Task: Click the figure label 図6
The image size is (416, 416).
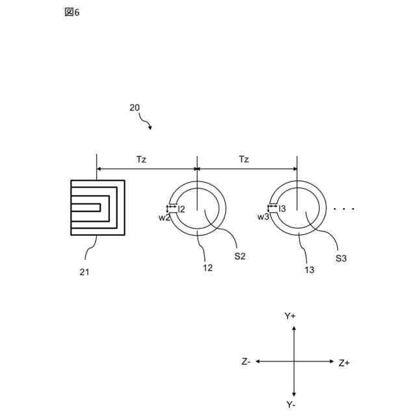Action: pyautogui.click(x=71, y=12)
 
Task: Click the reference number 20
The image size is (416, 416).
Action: pyautogui.click(x=134, y=108)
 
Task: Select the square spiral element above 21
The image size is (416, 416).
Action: pyautogui.click(x=97, y=207)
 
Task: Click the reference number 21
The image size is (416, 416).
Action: pyautogui.click(x=84, y=272)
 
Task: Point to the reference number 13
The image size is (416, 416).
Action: pyautogui.click(x=309, y=269)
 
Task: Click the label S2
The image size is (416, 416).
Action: pyautogui.click(x=239, y=256)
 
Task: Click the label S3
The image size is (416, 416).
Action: pyautogui.click(x=341, y=259)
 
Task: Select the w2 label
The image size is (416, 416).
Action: pyautogui.click(x=164, y=218)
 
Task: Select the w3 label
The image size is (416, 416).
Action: pyautogui.click(x=263, y=217)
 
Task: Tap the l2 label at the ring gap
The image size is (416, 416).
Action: pyautogui.click(x=183, y=209)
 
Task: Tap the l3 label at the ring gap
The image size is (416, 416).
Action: pyautogui.click(x=283, y=208)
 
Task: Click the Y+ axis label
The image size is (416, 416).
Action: pyautogui.click(x=290, y=316)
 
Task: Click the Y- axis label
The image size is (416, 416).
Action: pyautogui.click(x=292, y=404)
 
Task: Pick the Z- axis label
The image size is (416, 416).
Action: pyautogui.click(x=246, y=361)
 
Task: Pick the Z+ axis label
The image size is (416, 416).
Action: pyautogui.click(x=344, y=363)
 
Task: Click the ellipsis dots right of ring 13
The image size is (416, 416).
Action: pyautogui.click(x=343, y=209)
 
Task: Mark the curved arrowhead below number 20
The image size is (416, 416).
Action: pyautogui.click(x=150, y=127)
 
